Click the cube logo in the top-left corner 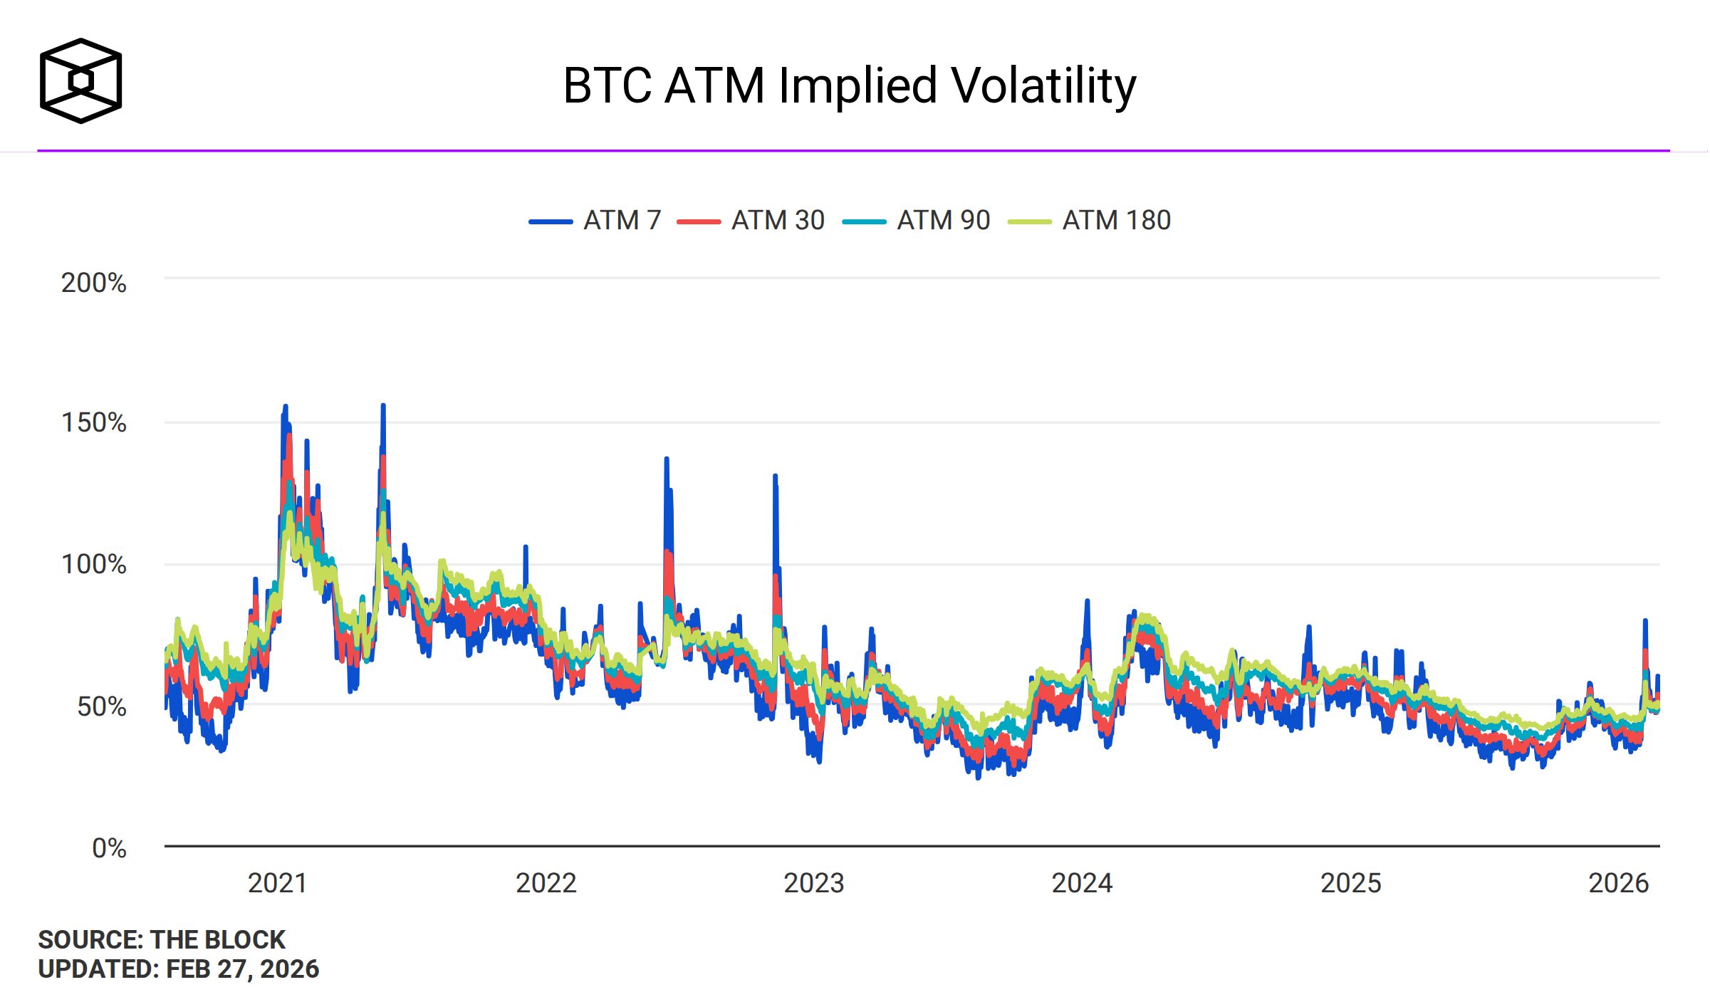(x=80, y=80)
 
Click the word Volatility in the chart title (x=1043, y=86)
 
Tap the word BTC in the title (x=607, y=86)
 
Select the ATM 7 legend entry (x=595, y=221)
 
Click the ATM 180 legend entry (x=1089, y=221)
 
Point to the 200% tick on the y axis (x=94, y=283)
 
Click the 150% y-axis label (x=94, y=422)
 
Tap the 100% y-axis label (x=94, y=564)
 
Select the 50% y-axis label (x=102, y=706)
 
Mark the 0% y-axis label (x=109, y=848)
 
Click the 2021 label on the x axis (x=278, y=883)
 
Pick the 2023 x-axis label (x=814, y=883)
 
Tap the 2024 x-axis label (x=1082, y=883)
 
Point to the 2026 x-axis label (x=1618, y=883)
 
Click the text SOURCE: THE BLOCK (x=162, y=939)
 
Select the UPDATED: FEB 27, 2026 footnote (x=179, y=969)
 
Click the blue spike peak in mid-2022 (x=667, y=459)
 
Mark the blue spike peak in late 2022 (x=775, y=476)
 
